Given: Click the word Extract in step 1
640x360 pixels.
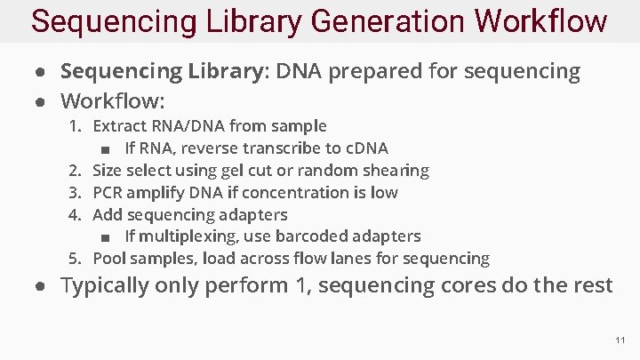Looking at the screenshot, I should click(x=120, y=126).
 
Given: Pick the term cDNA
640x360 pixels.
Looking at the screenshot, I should click(x=363, y=148).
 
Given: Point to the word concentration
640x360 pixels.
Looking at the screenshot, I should click(x=288, y=192).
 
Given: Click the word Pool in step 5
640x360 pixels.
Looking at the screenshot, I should click(x=109, y=259).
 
